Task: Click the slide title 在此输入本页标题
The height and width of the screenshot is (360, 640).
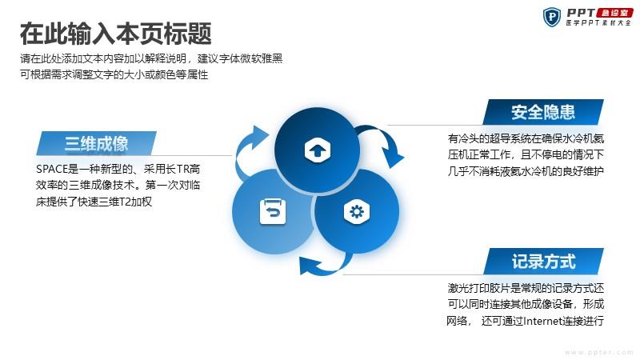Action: [115, 34]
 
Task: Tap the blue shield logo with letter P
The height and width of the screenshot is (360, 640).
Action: [552, 17]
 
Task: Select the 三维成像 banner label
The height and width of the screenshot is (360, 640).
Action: [96, 143]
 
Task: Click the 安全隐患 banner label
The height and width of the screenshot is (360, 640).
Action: [543, 112]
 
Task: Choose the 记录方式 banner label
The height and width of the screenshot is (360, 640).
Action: [543, 262]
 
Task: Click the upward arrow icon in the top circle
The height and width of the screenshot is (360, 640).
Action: [317, 150]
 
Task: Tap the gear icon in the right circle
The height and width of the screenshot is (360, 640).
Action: [357, 212]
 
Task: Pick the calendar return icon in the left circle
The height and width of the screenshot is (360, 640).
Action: [273, 211]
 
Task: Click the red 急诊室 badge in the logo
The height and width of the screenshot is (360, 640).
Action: [614, 13]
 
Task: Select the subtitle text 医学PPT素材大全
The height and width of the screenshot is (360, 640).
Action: [598, 23]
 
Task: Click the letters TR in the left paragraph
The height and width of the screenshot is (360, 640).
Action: [182, 169]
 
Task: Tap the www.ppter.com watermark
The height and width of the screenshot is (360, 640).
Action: [598, 352]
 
